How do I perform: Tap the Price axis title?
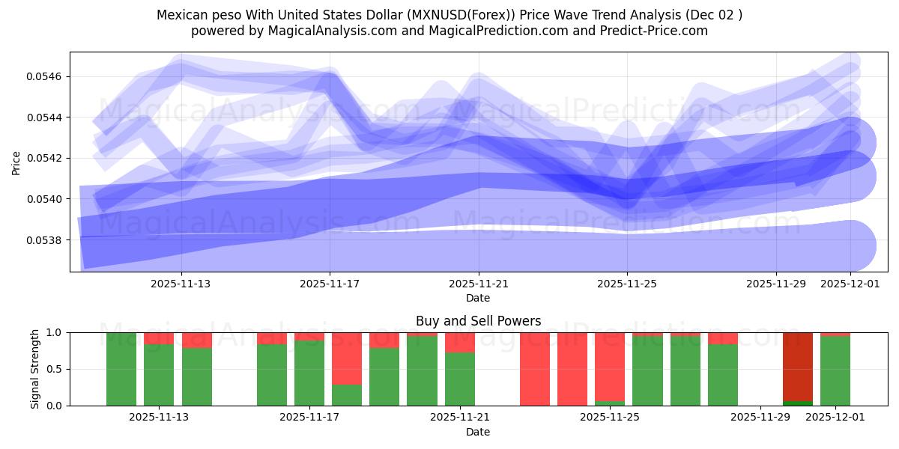click(x=16, y=162)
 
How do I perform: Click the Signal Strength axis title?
click(x=35, y=369)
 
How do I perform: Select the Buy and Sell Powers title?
click(x=478, y=321)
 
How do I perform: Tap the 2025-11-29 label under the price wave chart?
click(x=776, y=284)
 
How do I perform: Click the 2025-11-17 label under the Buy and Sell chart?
click(x=309, y=417)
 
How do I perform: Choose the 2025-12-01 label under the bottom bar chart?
click(x=835, y=417)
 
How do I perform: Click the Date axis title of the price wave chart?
click(x=478, y=298)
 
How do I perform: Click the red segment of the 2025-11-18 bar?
click(x=347, y=358)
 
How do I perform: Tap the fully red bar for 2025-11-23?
click(x=535, y=369)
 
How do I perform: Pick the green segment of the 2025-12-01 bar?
click(x=835, y=370)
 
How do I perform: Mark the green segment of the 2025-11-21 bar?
click(x=460, y=379)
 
